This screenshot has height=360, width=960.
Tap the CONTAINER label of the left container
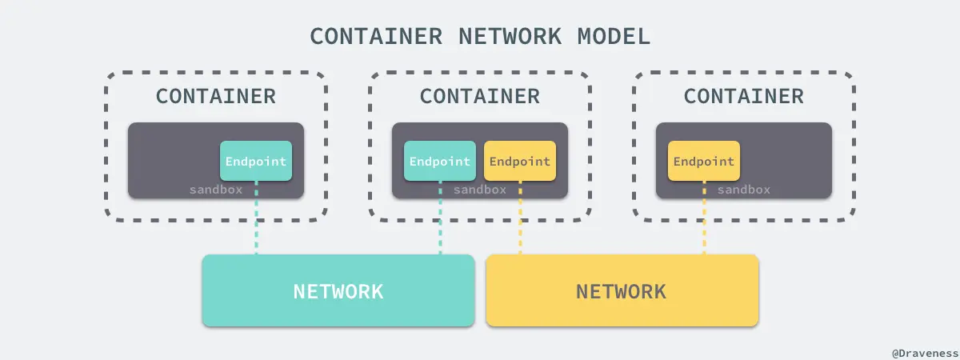(216, 96)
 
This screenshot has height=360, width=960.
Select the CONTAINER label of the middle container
(480, 96)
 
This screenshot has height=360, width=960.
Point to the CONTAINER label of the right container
(744, 96)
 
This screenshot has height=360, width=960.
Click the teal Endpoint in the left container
(256, 161)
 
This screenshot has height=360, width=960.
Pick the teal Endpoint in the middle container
(440, 161)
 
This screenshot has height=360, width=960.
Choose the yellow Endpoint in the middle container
(520, 161)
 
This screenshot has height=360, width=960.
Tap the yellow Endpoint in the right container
(704, 161)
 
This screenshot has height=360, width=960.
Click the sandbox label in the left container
(216, 190)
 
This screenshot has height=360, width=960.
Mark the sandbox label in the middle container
(480, 190)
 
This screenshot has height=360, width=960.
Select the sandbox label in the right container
(744, 190)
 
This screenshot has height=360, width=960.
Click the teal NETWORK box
(338, 291)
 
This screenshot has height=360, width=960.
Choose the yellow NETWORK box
(622, 291)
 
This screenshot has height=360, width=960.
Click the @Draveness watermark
(923, 351)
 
